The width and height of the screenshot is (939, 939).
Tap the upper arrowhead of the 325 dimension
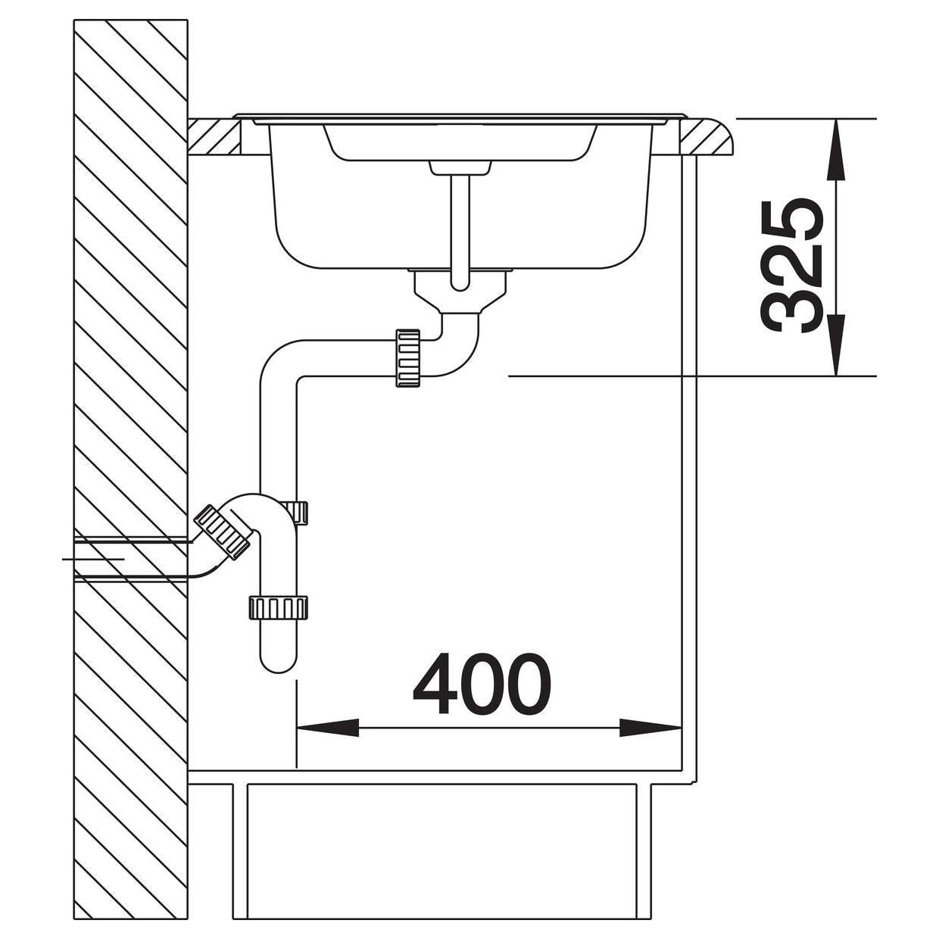click(836, 150)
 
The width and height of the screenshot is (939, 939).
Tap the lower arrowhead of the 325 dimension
click(836, 345)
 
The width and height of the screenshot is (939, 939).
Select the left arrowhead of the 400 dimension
click(327, 741)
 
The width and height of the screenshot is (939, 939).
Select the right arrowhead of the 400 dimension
click(650, 741)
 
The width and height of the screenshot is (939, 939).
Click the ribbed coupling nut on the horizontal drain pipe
click(408, 358)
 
